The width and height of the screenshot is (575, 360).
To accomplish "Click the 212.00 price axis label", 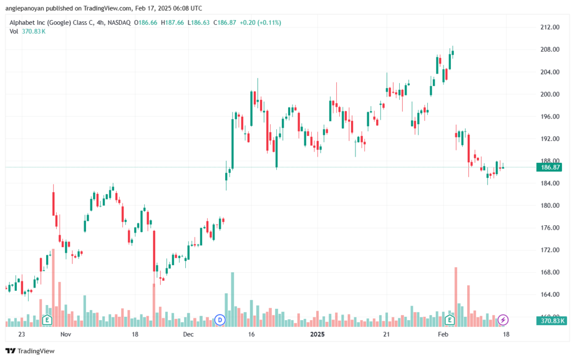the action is [550, 27].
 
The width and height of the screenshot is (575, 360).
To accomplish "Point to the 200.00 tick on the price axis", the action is [550, 94].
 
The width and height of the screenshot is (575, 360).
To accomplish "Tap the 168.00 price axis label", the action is [550, 272].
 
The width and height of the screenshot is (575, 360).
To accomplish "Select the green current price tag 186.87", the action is [549, 167].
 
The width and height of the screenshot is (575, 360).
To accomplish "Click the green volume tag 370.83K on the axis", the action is [551, 321].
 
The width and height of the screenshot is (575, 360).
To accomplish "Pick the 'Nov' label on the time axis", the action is [66, 334].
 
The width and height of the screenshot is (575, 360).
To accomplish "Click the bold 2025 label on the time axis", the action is [317, 334].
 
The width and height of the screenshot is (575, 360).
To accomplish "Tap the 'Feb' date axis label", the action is [443, 334].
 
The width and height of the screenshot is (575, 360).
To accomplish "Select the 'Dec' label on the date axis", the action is [188, 334].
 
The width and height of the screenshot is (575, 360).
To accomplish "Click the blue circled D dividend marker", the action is [220, 320].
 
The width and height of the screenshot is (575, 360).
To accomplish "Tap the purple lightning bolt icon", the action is [503, 320].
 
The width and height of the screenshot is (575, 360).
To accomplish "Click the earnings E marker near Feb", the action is [450, 320].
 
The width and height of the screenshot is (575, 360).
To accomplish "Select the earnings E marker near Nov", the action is [47, 320].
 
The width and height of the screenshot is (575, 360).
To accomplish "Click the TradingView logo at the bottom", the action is [30, 351].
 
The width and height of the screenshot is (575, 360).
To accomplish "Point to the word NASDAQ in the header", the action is [119, 22].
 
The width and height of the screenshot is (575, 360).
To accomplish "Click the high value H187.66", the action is [172, 22].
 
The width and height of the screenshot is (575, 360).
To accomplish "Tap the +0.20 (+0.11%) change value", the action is [261, 22].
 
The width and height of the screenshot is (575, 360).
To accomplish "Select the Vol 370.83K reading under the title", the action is [28, 31].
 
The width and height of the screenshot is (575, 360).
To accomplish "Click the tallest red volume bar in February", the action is [456, 297].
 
